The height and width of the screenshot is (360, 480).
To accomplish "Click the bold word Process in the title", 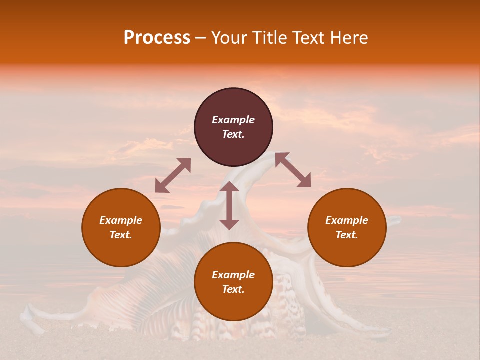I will coord(157,38).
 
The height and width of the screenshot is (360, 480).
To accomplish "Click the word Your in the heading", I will coord(228,38).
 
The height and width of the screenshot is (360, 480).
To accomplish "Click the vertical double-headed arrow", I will coord(229,205).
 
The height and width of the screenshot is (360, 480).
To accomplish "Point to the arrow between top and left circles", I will coord(173,175).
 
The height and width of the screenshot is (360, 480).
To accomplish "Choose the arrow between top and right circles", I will coord(293,170).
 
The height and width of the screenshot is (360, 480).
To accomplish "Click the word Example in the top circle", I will coord(233,120).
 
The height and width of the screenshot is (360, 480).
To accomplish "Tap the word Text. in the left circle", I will coord(121,235).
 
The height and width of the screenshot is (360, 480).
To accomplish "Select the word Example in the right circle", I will coord(347,220).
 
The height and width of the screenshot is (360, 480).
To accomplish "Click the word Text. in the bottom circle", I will coord(233,289).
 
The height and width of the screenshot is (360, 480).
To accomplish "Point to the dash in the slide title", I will coord(201,38).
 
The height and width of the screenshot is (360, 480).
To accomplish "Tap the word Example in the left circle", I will coord(121,220).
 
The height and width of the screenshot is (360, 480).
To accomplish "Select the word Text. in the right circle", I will coord(347,235).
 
